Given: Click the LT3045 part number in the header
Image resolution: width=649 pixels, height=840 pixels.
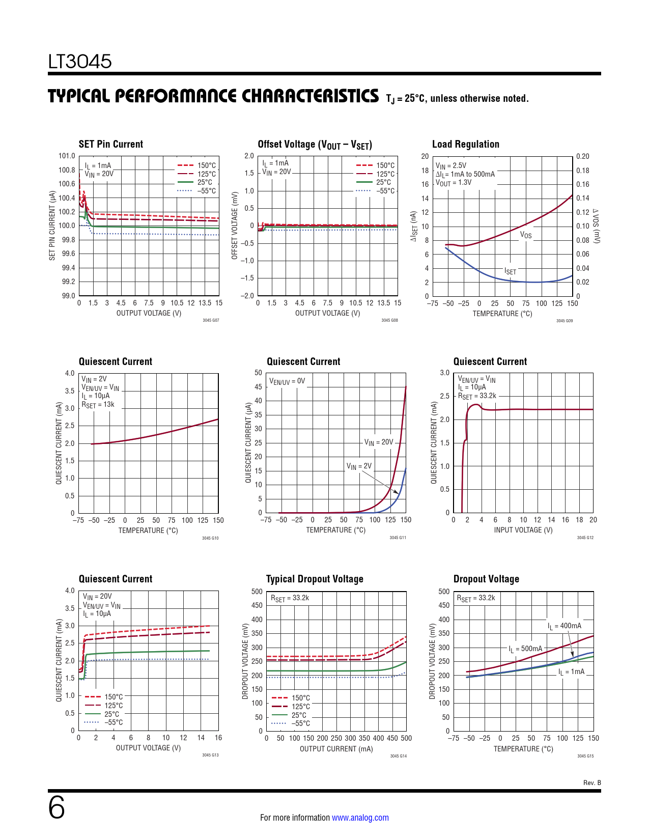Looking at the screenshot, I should point(80,62).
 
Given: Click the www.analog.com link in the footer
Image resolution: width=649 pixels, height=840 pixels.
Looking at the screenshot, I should point(360,818).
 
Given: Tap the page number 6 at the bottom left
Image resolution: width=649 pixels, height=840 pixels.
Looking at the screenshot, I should point(57,808).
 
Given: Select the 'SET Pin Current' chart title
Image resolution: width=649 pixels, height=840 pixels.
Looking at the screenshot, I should point(111,144).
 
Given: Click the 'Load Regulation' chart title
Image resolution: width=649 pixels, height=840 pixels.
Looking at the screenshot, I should point(465,144).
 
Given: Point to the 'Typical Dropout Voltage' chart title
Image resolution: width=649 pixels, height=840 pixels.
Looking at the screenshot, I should point(315,579).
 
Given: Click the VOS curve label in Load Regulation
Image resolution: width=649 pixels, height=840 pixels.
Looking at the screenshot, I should point(526,235).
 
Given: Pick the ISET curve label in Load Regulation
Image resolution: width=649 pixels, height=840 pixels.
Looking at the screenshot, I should point(510,271).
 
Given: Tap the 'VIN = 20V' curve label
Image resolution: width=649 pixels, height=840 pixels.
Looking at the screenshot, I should point(379,442).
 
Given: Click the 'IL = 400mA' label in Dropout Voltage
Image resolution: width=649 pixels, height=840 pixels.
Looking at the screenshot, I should point(564,626).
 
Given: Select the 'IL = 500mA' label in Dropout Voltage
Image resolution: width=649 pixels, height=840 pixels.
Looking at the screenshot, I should point(525,649).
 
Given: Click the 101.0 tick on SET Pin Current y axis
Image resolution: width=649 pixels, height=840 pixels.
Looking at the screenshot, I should point(67,156).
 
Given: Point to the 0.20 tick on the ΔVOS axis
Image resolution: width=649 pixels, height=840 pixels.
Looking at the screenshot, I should point(583,156).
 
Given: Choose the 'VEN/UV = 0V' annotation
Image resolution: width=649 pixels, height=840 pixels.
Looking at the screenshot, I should point(287,381).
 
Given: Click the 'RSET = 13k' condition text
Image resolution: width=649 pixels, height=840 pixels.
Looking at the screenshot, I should point(98,405).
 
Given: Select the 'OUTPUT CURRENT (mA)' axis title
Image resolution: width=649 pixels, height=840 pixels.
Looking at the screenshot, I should point(336,749).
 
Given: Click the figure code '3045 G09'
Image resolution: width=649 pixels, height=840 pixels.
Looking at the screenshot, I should point(564,321).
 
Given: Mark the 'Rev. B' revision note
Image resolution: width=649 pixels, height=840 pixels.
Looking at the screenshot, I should point(592,782).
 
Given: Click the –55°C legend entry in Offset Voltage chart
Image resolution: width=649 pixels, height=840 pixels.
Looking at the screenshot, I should point(386,191).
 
